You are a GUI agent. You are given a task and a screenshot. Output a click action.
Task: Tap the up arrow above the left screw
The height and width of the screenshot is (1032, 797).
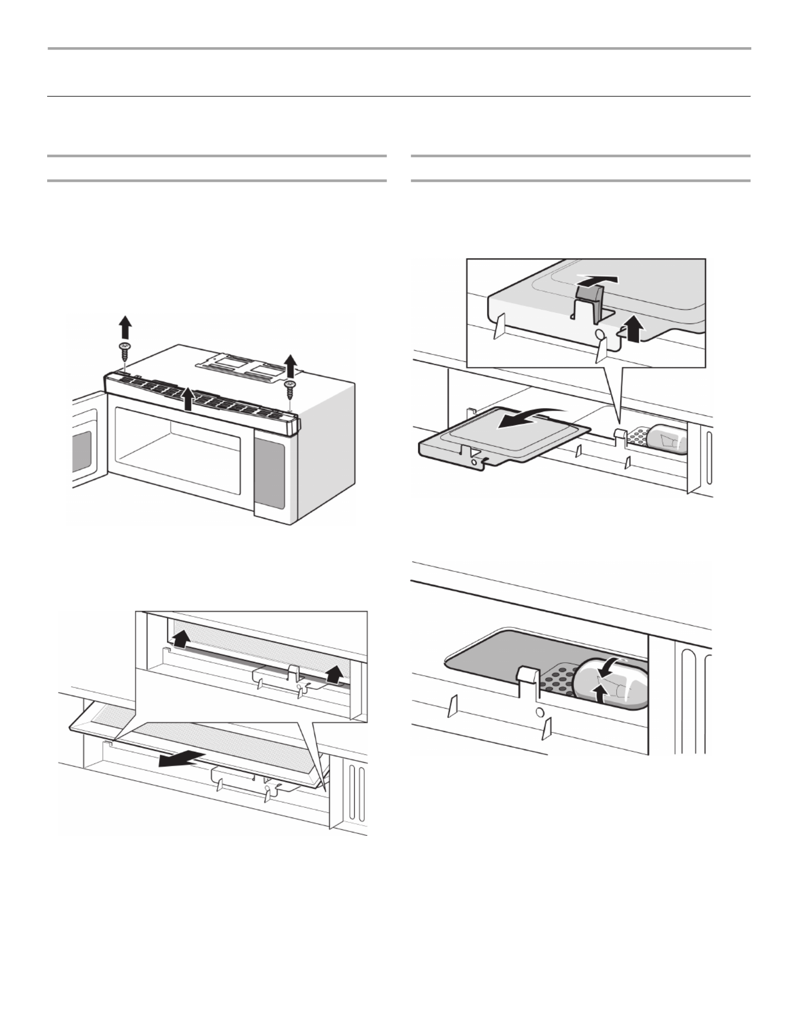tap(125, 326)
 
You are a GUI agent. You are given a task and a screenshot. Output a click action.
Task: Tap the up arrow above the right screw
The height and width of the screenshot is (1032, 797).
tap(291, 364)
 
